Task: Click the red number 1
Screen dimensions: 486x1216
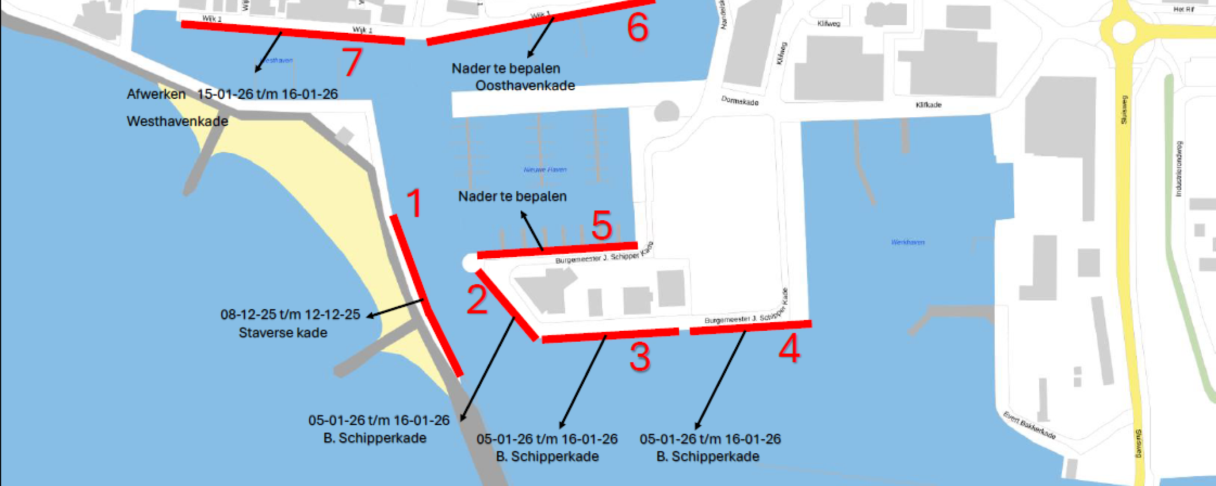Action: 414,203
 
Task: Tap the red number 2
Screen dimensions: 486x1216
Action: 477,300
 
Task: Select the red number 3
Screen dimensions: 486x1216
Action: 639,357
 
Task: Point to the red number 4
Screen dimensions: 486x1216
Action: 789,349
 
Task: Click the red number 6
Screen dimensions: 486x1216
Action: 637,27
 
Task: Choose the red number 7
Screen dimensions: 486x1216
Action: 352,62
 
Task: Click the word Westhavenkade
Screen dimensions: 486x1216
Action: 177,121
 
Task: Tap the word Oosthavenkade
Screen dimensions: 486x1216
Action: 525,86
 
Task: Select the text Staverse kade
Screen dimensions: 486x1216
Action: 283,333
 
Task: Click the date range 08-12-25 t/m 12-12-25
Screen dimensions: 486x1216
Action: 290,314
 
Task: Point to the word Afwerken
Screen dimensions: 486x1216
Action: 156,94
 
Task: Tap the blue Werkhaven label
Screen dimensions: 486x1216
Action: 908,242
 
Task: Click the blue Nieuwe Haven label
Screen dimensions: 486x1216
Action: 545,169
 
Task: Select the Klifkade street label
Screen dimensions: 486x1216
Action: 928,105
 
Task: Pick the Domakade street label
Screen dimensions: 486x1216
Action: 740,101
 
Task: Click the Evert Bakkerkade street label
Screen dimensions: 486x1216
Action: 1029,426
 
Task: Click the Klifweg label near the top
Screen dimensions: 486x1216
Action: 828,23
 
